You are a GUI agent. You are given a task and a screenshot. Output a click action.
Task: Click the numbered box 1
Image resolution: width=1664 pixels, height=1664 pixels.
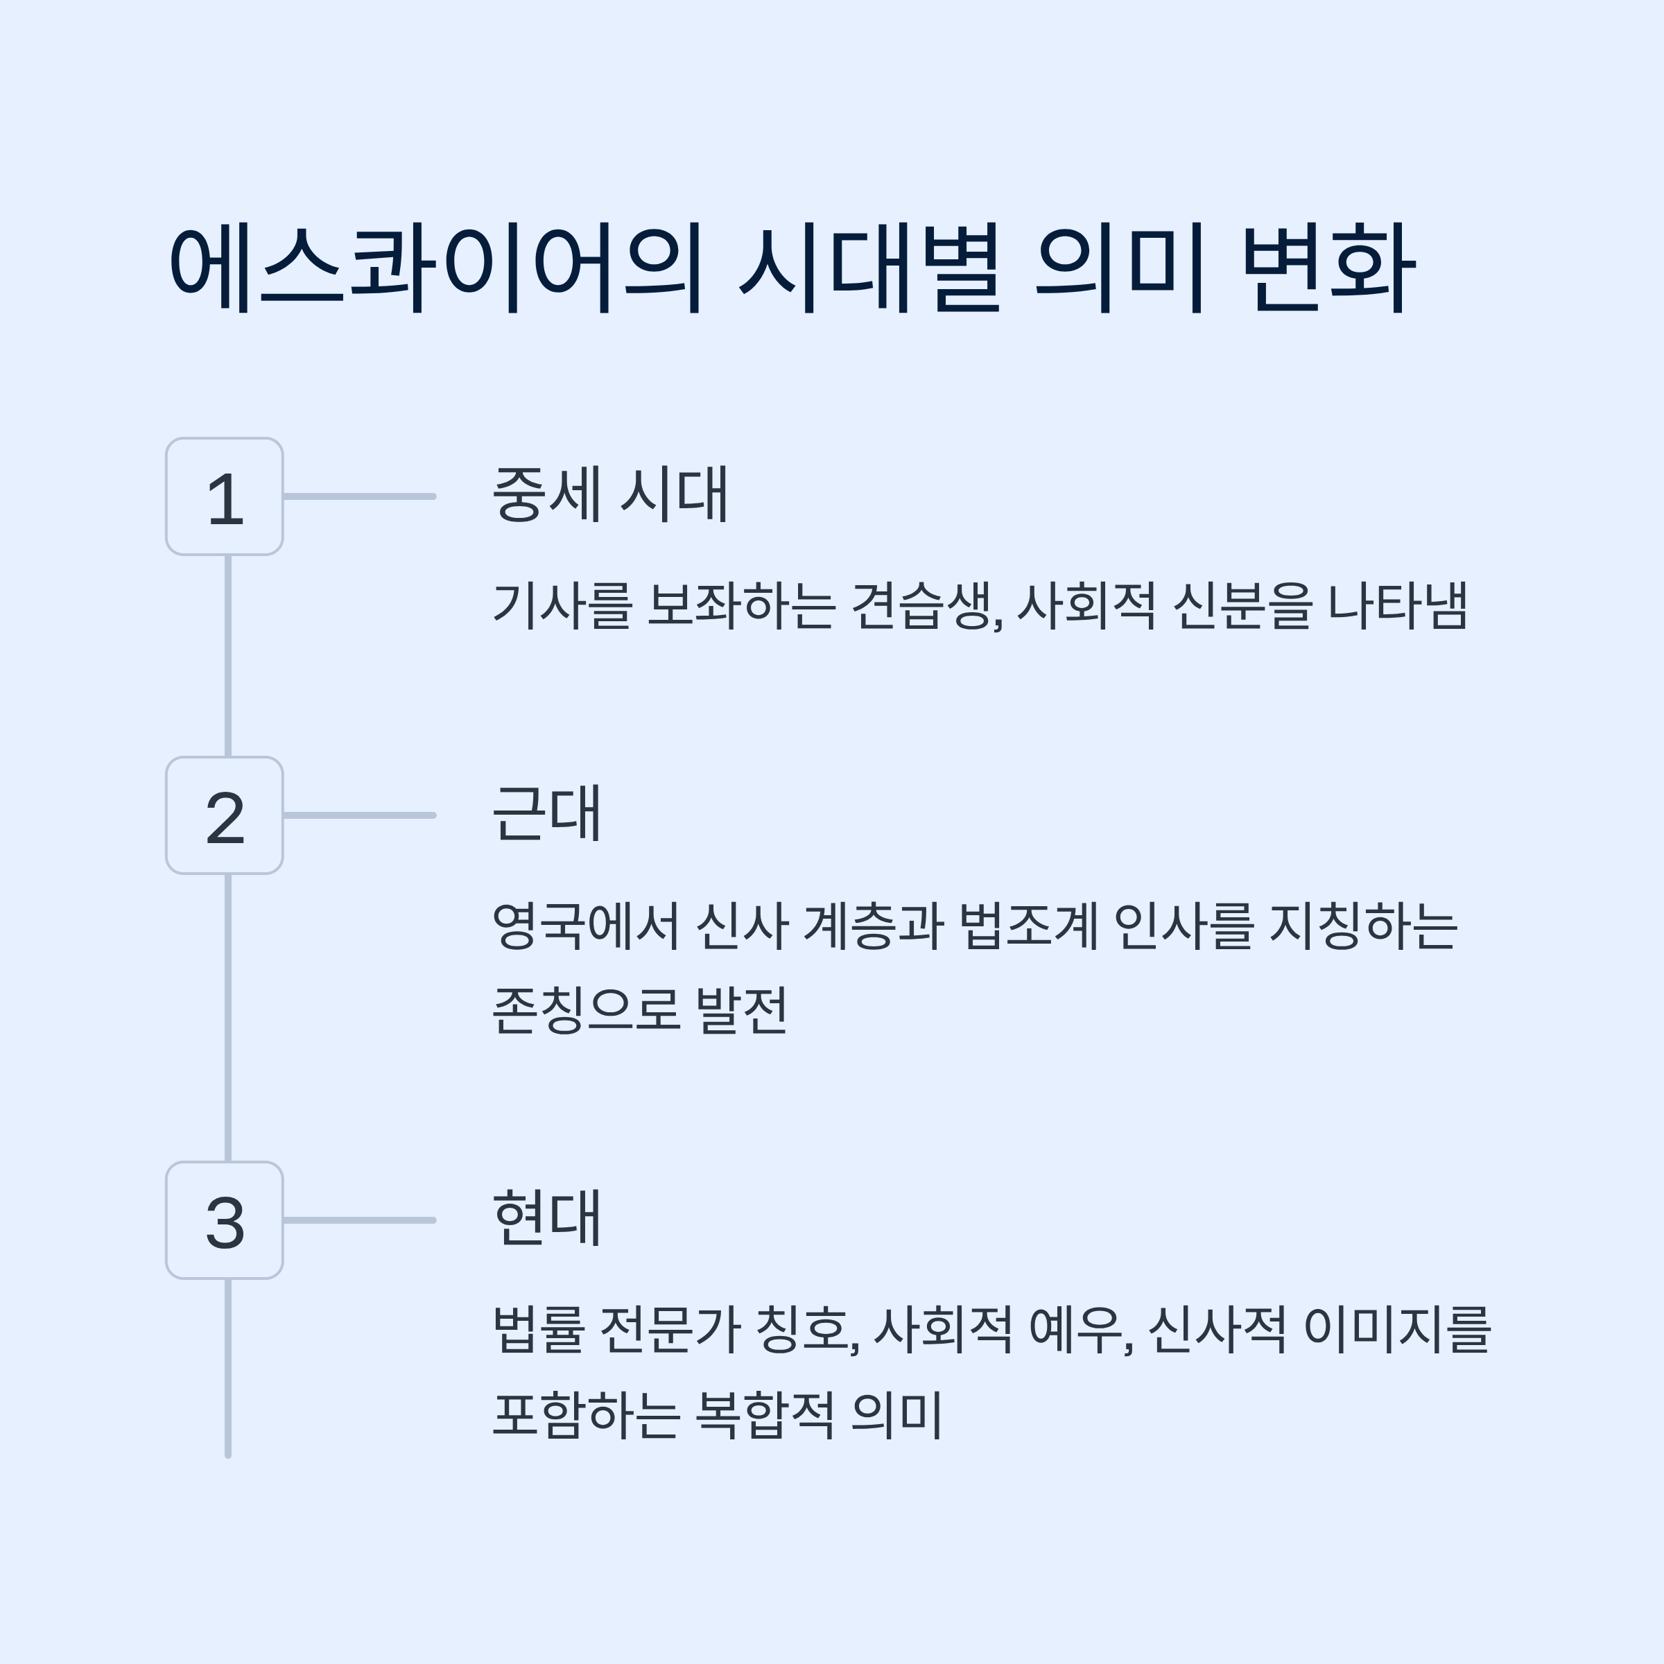tap(225, 497)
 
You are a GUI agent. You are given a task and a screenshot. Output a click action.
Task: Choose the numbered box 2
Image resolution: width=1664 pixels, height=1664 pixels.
tap(225, 815)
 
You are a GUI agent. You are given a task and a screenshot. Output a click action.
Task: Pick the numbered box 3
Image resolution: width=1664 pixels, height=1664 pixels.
tap(225, 1220)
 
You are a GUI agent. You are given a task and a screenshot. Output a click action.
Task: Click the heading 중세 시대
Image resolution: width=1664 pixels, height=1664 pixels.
tap(611, 494)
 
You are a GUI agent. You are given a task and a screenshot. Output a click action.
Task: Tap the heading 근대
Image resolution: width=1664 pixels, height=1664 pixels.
tap(546, 813)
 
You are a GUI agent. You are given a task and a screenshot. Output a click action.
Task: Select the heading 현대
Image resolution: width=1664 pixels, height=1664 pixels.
tap(546, 1218)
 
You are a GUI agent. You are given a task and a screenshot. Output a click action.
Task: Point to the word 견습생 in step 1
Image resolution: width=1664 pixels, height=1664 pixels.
tap(925, 605)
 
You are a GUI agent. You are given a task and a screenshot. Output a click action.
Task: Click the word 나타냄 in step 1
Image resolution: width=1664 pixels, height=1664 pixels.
tap(1397, 605)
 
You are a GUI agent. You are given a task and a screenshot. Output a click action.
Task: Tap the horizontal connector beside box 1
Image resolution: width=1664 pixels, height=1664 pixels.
tap(359, 497)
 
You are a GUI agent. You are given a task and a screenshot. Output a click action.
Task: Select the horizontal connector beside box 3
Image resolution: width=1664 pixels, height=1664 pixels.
tap(359, 1220)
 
